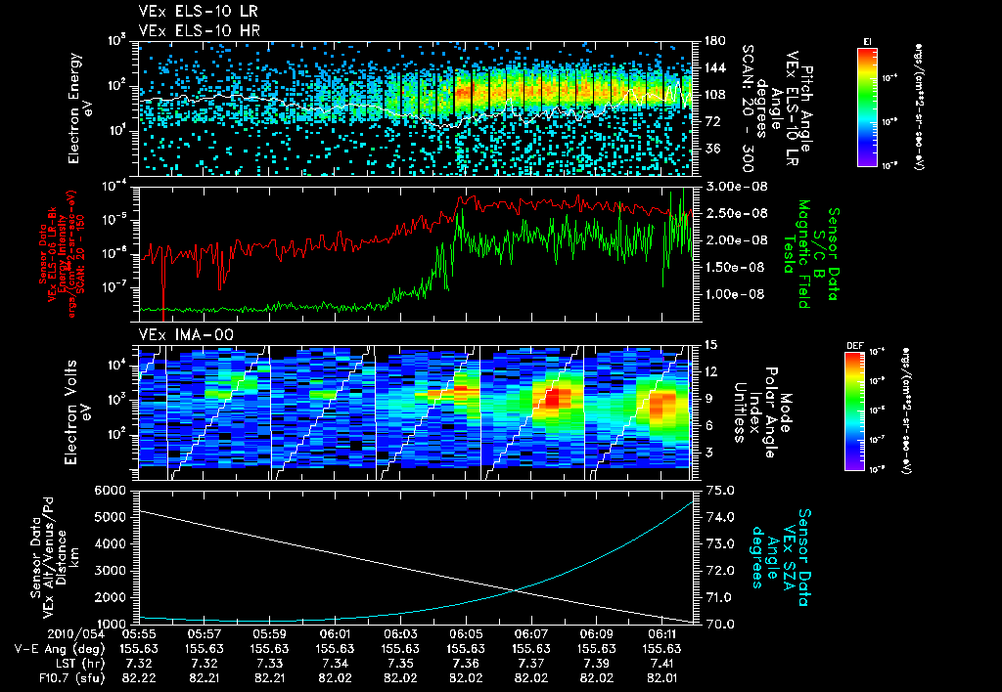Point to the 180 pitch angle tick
click(712, 40)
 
